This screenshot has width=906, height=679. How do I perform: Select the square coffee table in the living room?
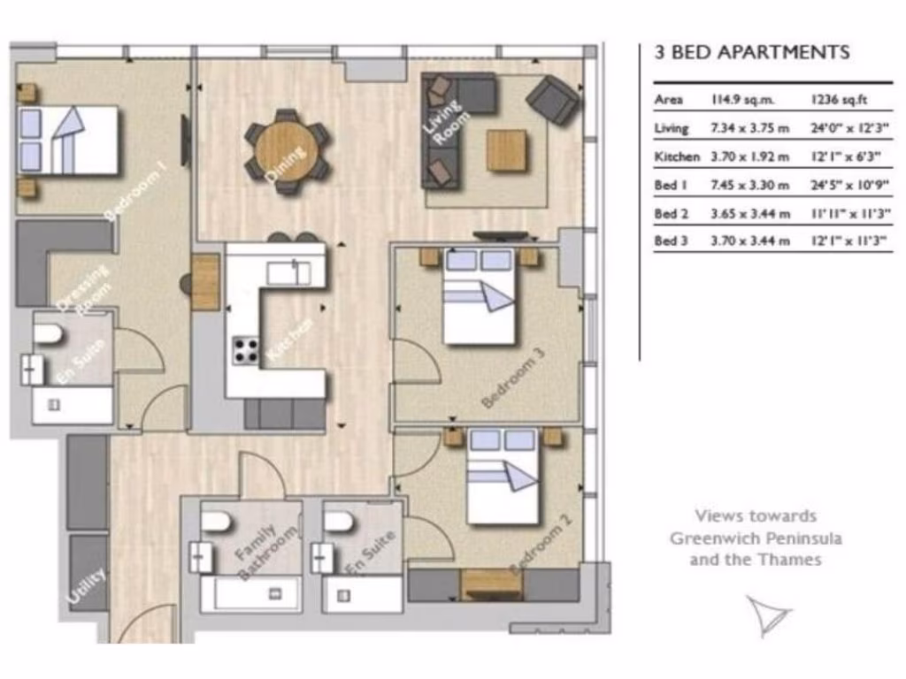coord(507,150)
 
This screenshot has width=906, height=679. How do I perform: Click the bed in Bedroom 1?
coord(69,140)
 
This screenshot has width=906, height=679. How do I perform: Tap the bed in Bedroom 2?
coord(502,477)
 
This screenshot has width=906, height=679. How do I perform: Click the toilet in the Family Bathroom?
coord(215,521)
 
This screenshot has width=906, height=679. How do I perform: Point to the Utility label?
coord(86,585)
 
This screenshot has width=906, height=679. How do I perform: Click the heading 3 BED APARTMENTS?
coord(751,52)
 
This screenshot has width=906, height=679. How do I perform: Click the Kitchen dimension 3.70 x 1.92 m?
coord(749,156)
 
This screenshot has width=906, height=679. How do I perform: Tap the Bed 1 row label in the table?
coord(671,185)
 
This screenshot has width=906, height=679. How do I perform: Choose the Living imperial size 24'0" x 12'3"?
coord(849,128)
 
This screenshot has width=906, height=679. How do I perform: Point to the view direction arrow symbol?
coord(766,614)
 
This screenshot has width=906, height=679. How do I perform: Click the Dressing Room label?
coord(82,288)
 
